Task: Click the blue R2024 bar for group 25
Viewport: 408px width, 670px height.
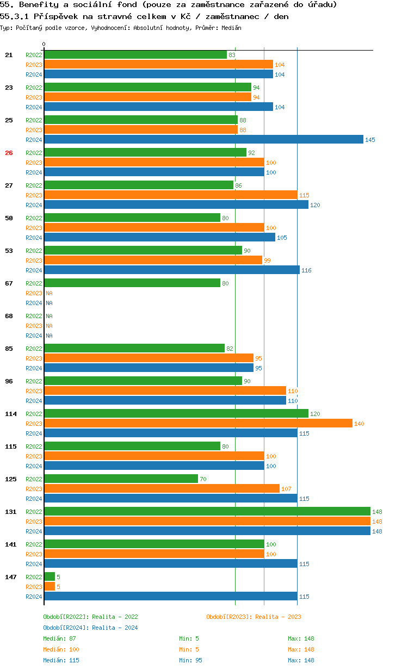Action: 203,140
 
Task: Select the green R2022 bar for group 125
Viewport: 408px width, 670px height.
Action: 121,479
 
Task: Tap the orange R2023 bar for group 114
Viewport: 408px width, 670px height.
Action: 198,423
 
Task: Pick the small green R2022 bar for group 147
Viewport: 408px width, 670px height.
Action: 50,576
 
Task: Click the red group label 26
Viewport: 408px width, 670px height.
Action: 9,153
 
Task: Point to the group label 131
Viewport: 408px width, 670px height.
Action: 11,512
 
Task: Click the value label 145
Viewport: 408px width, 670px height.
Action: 370,140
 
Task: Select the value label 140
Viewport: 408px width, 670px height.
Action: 359,424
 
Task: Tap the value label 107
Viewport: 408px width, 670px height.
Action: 286,489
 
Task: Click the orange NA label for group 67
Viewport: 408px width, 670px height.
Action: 49,293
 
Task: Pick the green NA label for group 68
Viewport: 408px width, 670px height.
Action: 49,316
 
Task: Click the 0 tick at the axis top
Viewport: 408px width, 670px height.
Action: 44,45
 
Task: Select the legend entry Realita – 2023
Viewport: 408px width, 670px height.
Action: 254,617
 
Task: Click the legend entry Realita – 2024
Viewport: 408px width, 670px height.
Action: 90,628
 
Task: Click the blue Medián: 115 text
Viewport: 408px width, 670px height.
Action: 61,660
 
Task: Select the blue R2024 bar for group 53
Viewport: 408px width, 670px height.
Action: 172,270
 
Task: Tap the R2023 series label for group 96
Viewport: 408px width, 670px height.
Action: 34,391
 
